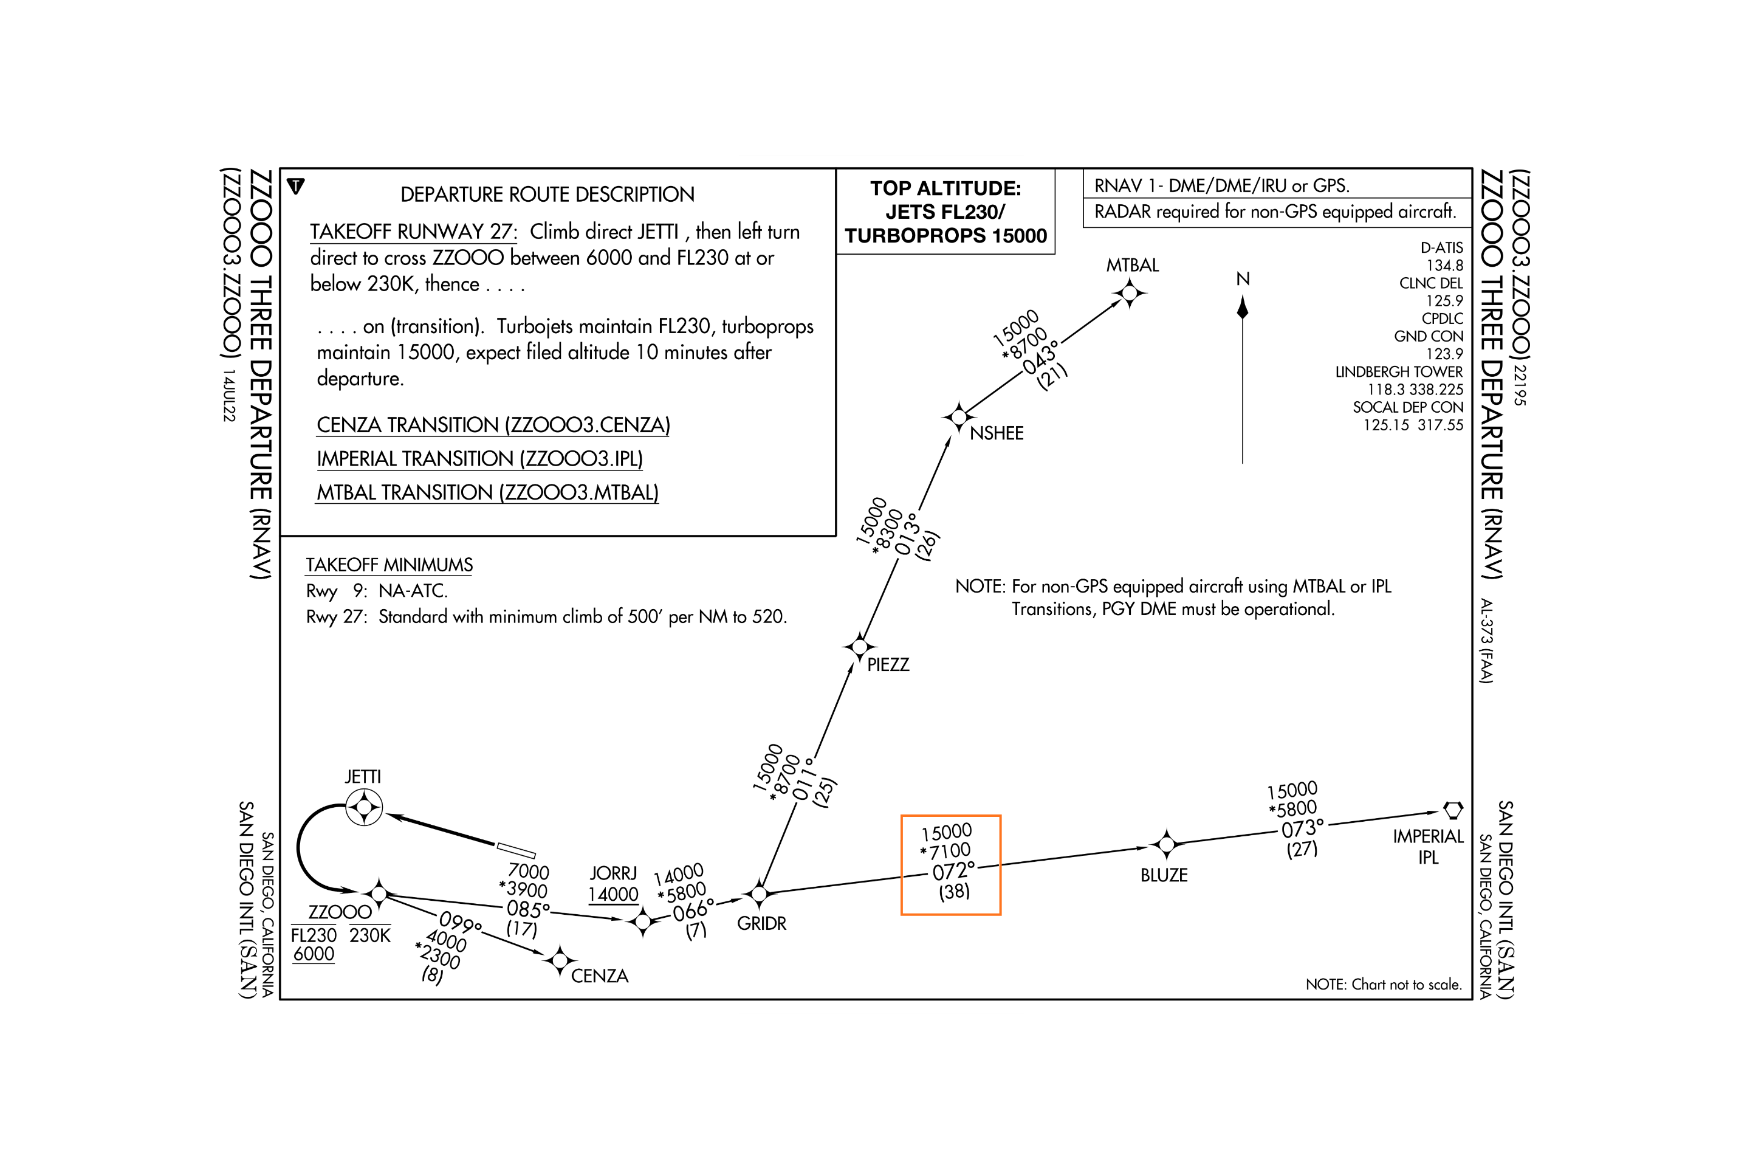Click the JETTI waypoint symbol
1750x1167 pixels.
(364, 807)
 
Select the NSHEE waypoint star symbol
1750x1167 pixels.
(958, 417)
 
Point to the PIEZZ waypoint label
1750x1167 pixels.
(888, 664)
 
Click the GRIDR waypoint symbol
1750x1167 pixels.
(759, 893)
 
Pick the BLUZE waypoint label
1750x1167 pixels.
(1164, 875)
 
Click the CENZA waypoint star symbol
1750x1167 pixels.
(560, 961)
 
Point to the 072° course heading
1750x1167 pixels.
(953, 871)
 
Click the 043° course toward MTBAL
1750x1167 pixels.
(1041, 357)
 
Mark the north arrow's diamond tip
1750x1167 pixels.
(1242, 308)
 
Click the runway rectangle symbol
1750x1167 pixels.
(516, 850)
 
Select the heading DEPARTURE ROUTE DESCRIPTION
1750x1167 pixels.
(547, 194)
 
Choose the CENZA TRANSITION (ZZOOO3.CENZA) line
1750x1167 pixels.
(493, 425)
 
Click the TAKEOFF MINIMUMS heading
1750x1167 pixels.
(389, 565)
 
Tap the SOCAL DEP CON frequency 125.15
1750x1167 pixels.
(1385, 425)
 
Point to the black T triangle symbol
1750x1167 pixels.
(296, 186)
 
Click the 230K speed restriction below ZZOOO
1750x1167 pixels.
(370, 935)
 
